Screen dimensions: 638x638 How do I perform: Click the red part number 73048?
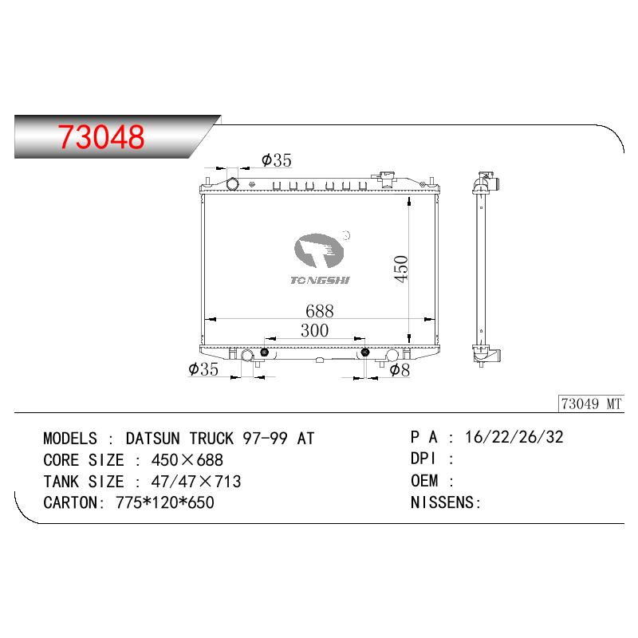click(x=101, y=136)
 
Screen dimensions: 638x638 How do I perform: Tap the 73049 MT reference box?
click(x=591, y=404)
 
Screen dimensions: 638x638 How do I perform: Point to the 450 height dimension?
click(x=401, y=269)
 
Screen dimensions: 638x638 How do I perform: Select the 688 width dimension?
click(x=320, y=311)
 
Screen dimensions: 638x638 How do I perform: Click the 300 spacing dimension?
click(x=314, y=330)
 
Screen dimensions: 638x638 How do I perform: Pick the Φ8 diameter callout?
click(x=400, y=370)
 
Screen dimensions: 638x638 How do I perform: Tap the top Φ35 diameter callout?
click(x=277, y=160)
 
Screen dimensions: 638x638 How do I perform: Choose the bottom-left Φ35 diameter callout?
click(x=203, y=368)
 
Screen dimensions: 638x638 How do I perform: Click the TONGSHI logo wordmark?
click(x=320, y=280)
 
